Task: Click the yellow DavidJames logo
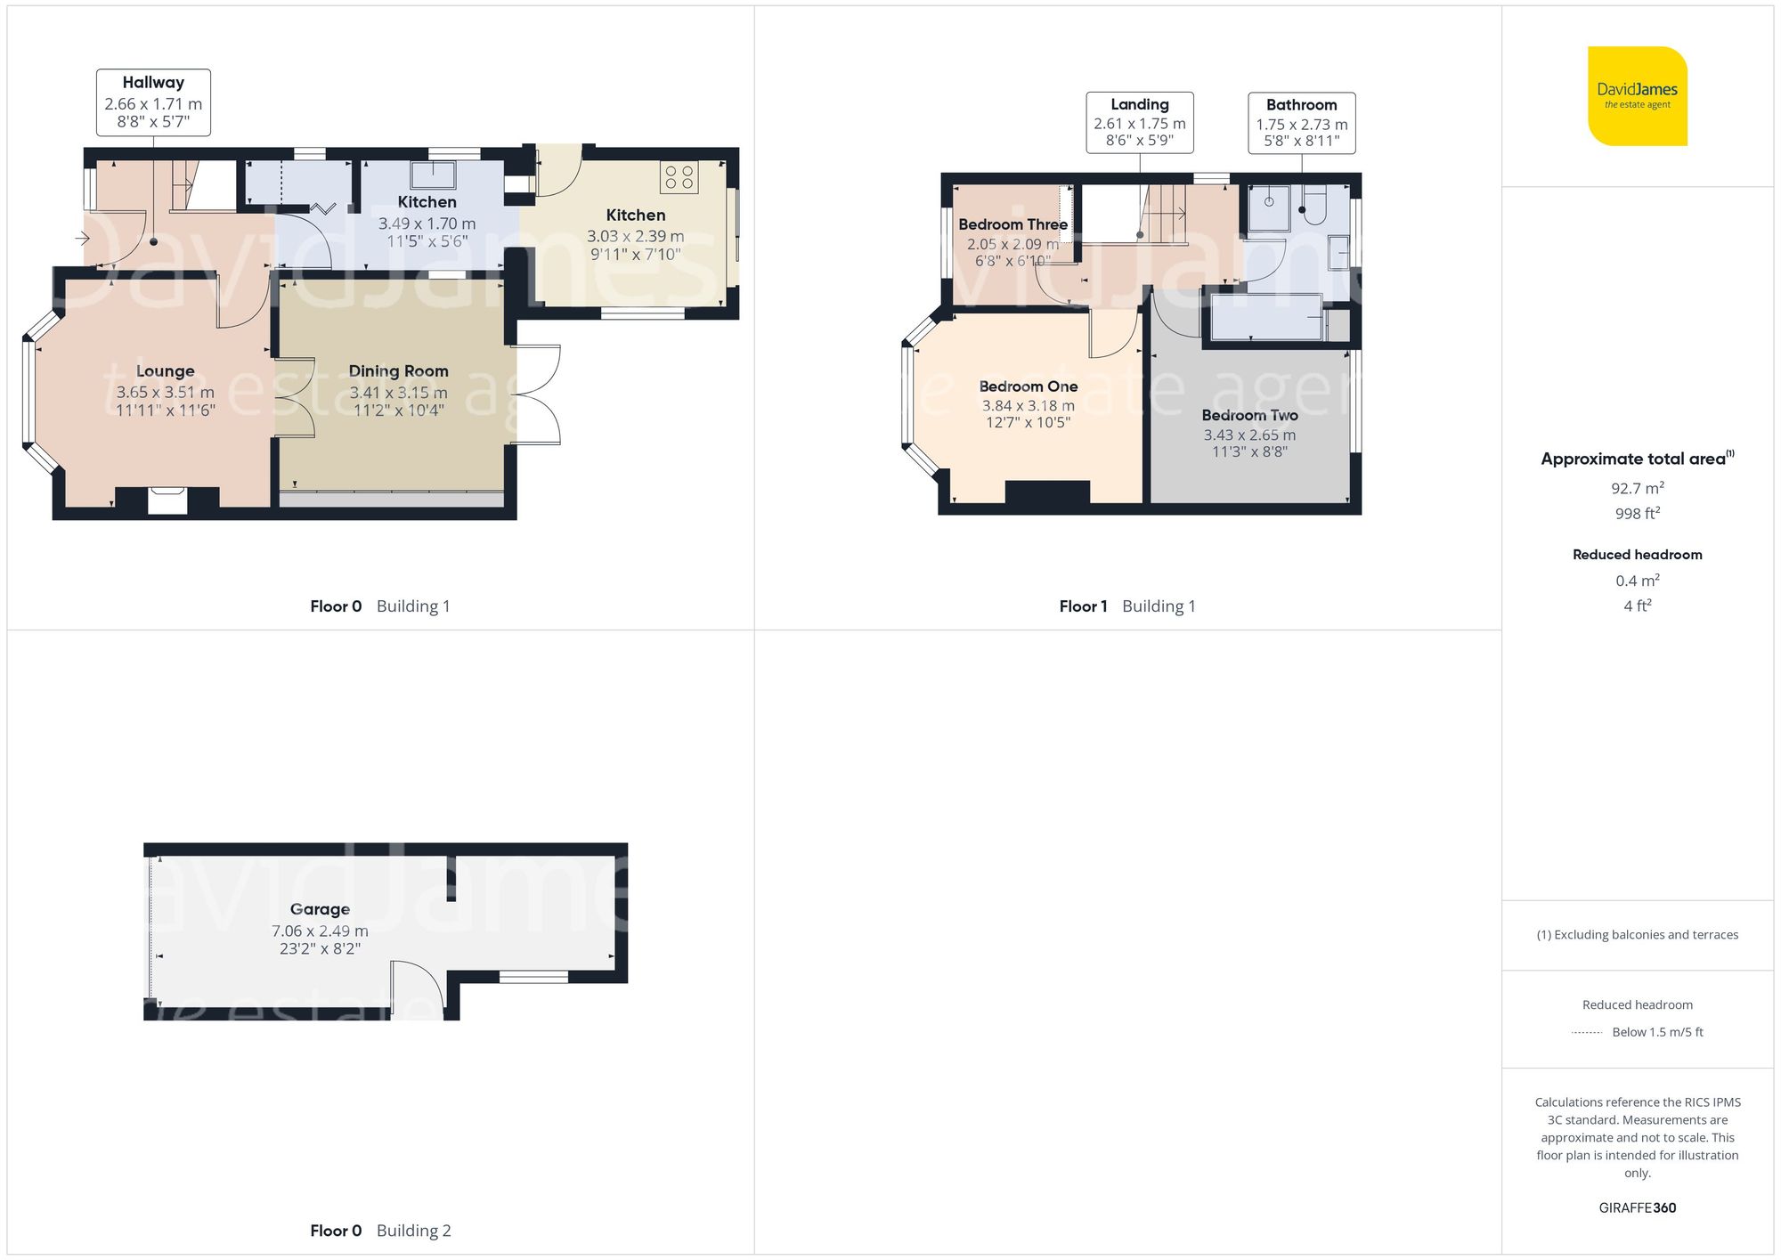point(1637,96)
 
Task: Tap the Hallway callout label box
point(153,102)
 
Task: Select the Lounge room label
point(165,371)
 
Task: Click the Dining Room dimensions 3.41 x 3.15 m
point(398,393)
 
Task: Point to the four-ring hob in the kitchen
point(679,176)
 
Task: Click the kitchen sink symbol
point(433,175)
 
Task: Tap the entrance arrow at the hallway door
point(82,239)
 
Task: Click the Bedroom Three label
point(1012,224)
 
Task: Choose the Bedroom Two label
point(1249,415)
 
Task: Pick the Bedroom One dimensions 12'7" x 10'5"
point(1028,423)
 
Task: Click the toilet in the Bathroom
point(1314,207)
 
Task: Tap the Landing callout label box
point(1139,123)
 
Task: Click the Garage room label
point(320,909)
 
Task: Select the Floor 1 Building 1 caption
point(1126,606)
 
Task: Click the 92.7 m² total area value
point(1637,488)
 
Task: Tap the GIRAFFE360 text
point(1637,1207)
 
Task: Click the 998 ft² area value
point(1637,514)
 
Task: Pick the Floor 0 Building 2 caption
point(380,1231)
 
